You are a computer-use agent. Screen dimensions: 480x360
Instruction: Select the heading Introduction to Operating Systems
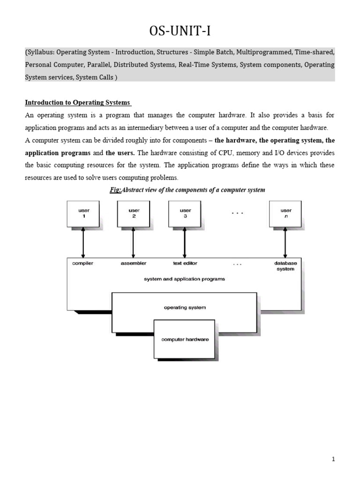pyautogui.click(x=78, y=103)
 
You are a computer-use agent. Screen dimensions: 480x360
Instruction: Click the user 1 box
pyautogui.click(x=83, y=214)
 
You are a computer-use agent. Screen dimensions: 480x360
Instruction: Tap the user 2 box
pyautogui.click(x=134, y=214)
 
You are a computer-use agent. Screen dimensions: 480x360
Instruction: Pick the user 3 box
pyautogui.click(x=185, y=214)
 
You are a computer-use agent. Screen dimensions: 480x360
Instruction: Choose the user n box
pyautogui.click(x=285, y=214)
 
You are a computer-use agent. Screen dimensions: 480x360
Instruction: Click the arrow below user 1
pyautogui.click(x=83, y=242)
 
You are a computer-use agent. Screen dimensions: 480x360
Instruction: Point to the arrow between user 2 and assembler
pyautogui.click(x=134, y=242)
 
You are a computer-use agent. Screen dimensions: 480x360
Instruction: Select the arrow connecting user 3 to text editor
pyautogui.click(x=185, y=242)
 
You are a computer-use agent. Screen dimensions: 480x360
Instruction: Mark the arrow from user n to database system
pyautogui.click(x=285, y=242)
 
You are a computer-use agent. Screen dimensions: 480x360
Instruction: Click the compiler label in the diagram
pyautogui.click(x=82, y=263)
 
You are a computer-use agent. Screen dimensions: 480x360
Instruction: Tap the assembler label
pyautogui.click(x=134, y=263)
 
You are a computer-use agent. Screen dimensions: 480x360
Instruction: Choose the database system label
pyautogui.click(x=285, y=266)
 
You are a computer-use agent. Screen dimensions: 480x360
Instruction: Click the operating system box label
pyautogui.click(x=185, y=307)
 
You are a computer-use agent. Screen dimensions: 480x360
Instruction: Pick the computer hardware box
pyautogui.click(x=185, y=339)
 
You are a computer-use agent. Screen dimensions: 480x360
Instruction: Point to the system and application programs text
pyautogui.click(x=184, y=279)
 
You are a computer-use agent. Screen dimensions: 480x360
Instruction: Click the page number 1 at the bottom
pyautogui.click(x=333, y=460)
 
